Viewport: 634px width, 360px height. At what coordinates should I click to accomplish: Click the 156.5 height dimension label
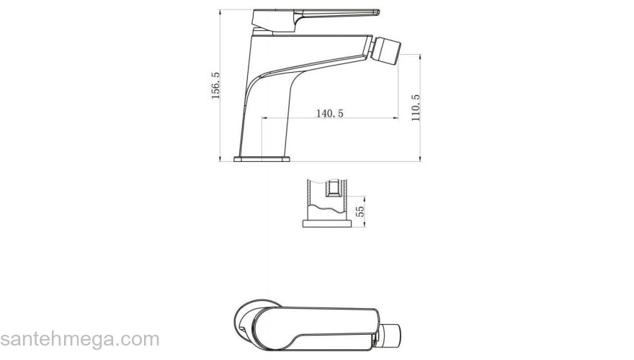pyautogui.click(x=215, y=86)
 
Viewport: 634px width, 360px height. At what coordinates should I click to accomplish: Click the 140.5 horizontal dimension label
pyautogui.click(x=329, y=114)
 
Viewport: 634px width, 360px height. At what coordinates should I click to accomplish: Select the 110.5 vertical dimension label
pyautogui.click(x=416, y=108)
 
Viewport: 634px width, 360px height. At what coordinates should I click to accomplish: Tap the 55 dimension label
pyautogui.click(x=360, y=211)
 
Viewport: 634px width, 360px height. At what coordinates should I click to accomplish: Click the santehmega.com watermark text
pyautogui.click(x=80, y=339)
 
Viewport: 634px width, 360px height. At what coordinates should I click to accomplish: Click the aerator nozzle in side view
pyautogui.click(x=385, y=50)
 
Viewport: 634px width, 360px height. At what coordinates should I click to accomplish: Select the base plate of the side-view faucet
pyautogui.click(x=262, y=159)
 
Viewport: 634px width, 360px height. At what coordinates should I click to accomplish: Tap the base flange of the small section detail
pyautogui.click(x=326, y=223)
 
